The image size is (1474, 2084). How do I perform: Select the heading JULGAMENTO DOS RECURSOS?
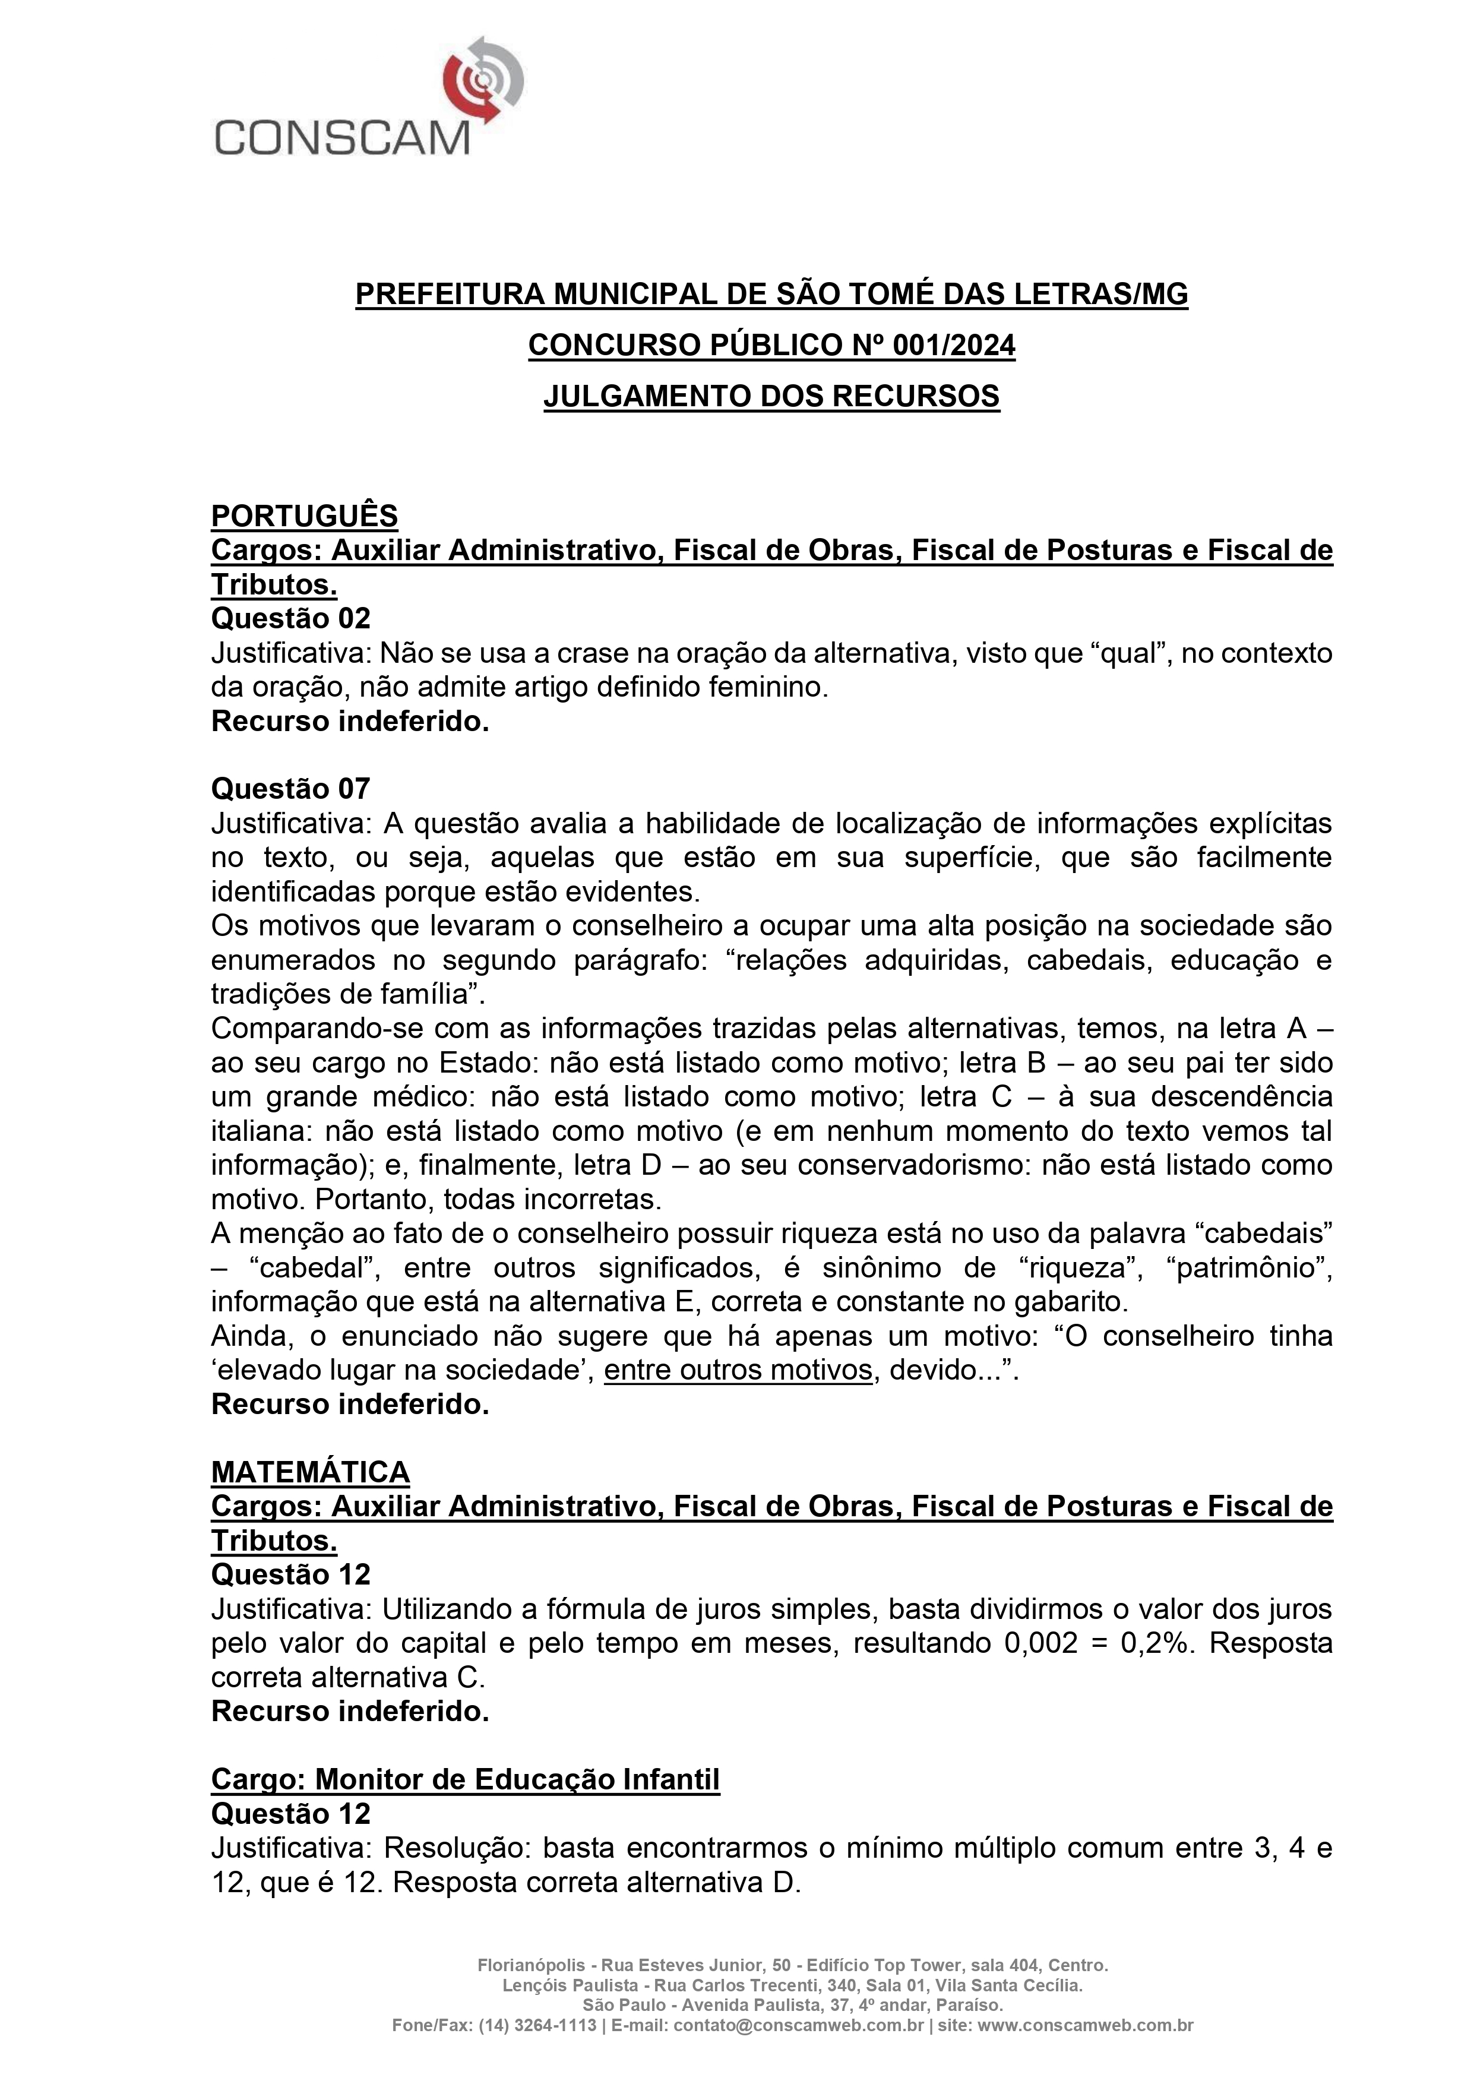[771, 397]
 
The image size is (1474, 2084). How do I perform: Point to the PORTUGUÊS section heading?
[304, 516]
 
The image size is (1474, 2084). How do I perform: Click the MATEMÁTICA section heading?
[311, 1471]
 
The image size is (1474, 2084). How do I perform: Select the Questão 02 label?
[290, 618]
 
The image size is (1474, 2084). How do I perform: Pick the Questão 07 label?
[290, 788]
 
